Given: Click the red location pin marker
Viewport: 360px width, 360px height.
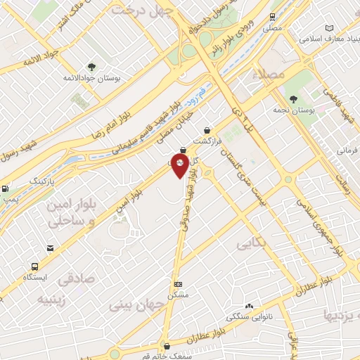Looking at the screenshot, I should [180, 166].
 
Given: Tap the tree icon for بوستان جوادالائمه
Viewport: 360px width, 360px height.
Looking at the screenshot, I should [91, 67].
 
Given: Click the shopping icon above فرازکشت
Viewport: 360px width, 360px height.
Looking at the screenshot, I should [207, 130].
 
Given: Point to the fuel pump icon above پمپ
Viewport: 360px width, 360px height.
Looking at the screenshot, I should [6, 188].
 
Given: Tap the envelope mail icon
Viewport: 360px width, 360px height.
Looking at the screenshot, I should [51, 248].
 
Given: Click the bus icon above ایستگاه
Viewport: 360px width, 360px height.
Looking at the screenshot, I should [34, 266].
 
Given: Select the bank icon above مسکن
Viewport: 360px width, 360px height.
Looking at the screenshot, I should [179, 285].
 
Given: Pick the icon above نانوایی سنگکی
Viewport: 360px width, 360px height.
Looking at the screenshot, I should [249, 306].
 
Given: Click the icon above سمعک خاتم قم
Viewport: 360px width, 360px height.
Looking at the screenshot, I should [166, 345].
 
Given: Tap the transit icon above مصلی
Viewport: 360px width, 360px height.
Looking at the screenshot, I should [273, 17].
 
